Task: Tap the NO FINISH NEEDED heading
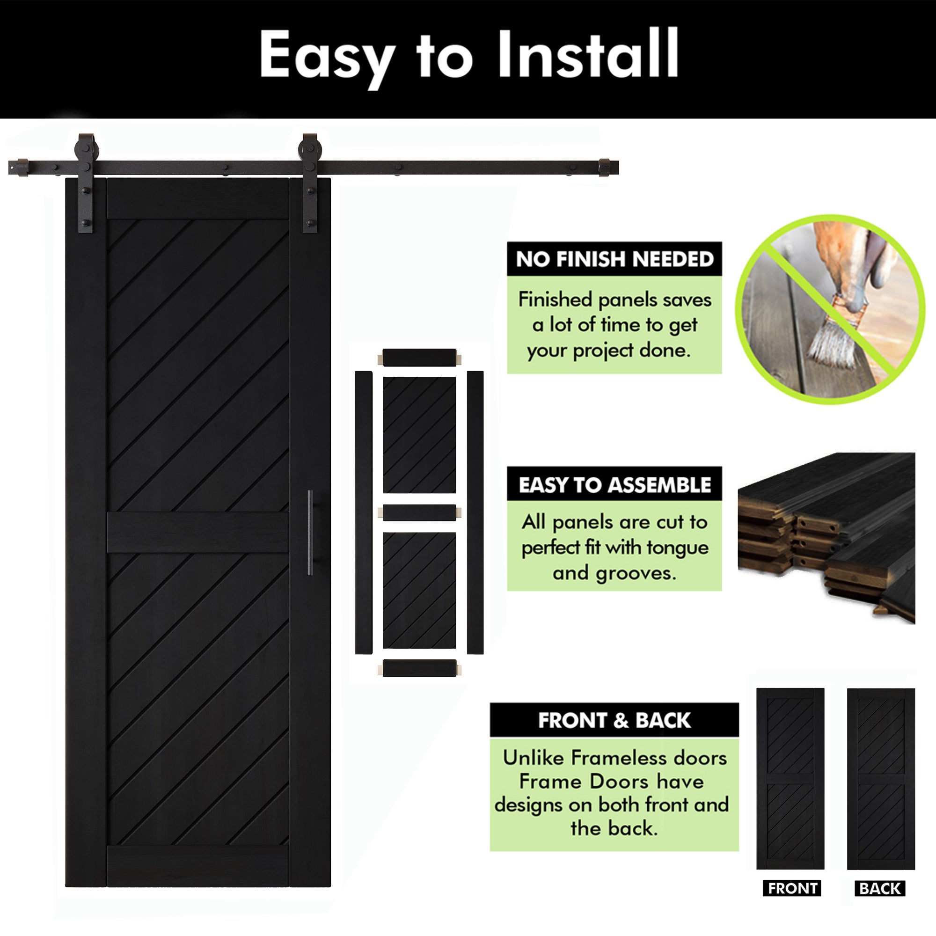(614, 259)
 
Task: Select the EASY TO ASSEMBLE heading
(614, 484)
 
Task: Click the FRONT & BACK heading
(614, 720)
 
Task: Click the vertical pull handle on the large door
(310, 533)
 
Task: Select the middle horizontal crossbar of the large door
(197, 533)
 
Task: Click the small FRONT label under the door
(792, 889)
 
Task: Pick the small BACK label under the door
(880, 889)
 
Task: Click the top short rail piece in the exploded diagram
(419, 358)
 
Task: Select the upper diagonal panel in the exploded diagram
(419, 435)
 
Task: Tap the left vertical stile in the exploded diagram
(364, 512)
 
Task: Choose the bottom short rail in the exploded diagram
(419, 668)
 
